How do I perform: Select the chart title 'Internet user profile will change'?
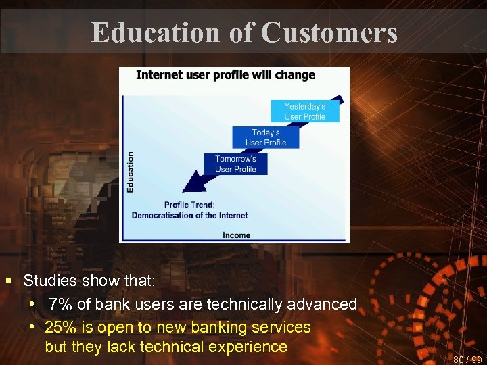tap(225, 74)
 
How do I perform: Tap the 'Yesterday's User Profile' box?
tap(304, 112)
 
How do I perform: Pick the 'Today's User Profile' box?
tap(265, 137)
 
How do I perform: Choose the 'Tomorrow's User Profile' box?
tap(235, 164)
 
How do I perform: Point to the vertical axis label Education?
tap(130, 172)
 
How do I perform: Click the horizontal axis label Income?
tap(236, 235)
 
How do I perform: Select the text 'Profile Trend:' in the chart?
tap(189, 205)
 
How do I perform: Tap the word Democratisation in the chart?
tap(162, 216)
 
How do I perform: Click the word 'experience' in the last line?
tap(250, 347)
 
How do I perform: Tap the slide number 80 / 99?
tap(467, 359)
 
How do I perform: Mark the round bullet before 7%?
tap(32, 303)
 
